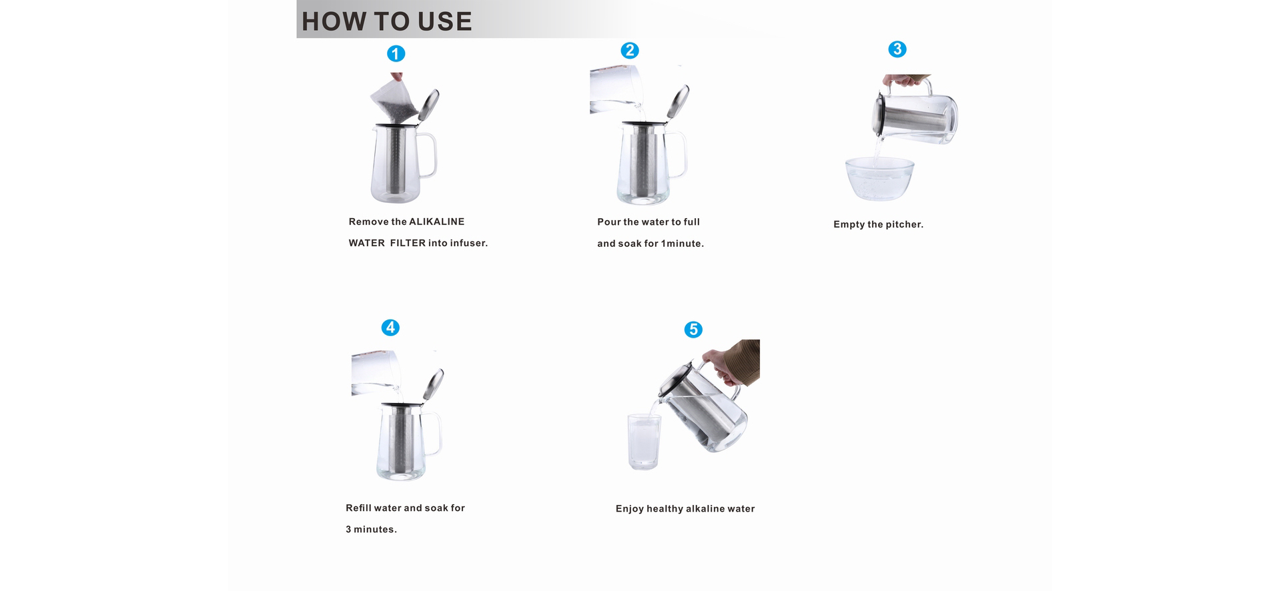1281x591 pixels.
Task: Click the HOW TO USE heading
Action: coord(386,21)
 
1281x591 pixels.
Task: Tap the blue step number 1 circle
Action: coord(396,54)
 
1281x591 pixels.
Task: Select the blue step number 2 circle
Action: coord(630,51)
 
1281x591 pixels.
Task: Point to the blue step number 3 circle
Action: coord(897,49)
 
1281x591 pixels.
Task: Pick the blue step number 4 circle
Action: coord(390,328)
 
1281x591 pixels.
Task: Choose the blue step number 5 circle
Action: coord(693,330)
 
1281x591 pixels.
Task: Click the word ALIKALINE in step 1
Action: coord(436,221)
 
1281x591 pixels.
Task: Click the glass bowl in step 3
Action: coord(879,178)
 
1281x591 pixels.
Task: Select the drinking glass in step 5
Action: coord(644,441)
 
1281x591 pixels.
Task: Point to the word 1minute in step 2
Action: coord(682,243)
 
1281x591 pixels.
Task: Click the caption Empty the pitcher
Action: coord(878,224)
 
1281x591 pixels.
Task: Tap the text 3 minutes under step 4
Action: coord(371,529)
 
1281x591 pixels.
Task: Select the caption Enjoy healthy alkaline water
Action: coord(685,508)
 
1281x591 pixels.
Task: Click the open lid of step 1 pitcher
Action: coord(429,105)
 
